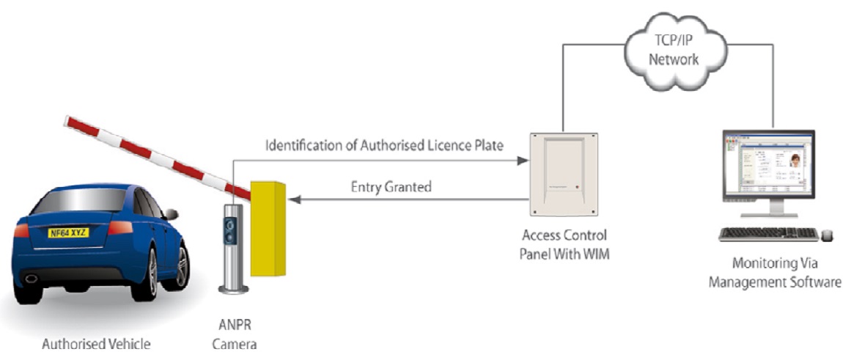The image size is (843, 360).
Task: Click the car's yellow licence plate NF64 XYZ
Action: coord(70,232)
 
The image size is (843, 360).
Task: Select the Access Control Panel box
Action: coord(565,174)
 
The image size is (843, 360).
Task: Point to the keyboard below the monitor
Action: coord(767,234)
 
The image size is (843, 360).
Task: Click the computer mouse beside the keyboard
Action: coord(827,235)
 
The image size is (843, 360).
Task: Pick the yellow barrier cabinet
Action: coord(267,228)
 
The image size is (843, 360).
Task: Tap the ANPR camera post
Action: coord(232,249)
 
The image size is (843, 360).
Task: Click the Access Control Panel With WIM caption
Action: coord(565,246)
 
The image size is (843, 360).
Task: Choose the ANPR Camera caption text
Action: coord(233,334)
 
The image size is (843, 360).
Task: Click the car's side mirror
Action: coord(171,214)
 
